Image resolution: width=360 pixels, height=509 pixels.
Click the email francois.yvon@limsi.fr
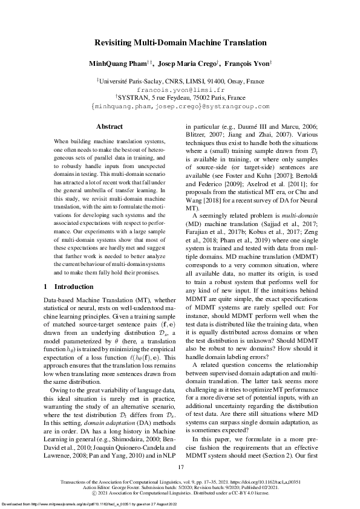tap(180, 88)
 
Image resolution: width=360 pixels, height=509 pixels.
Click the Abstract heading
tap(110, 126)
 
